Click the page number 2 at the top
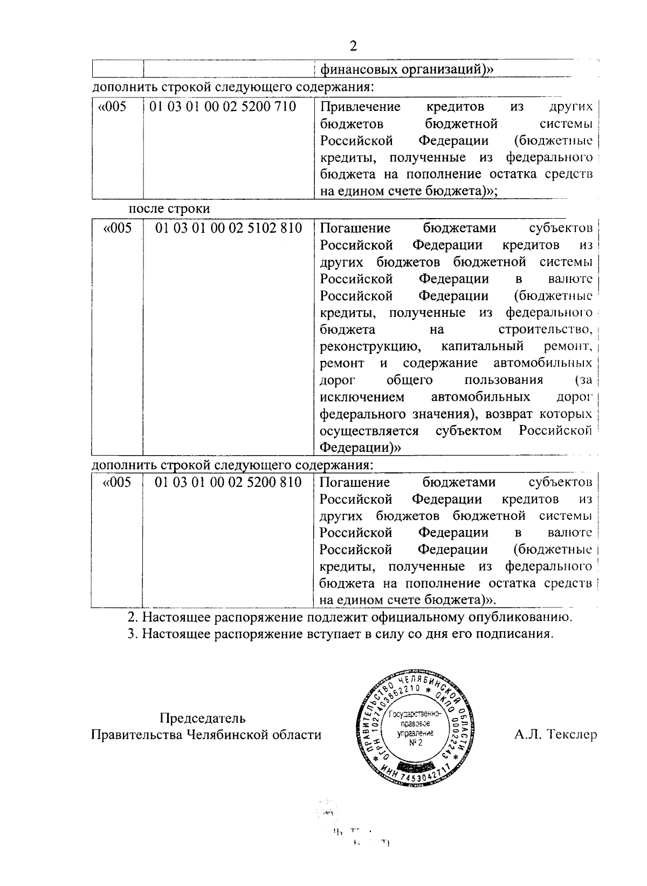tap(353, 45)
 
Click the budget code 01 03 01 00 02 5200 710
tap(223, 107)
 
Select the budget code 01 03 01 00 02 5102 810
tap(228, 228)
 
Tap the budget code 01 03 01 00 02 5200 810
tap(228, 482)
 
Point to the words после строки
tap(169, 208)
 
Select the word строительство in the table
tap(542, 330)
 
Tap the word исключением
tap(362, 397)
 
